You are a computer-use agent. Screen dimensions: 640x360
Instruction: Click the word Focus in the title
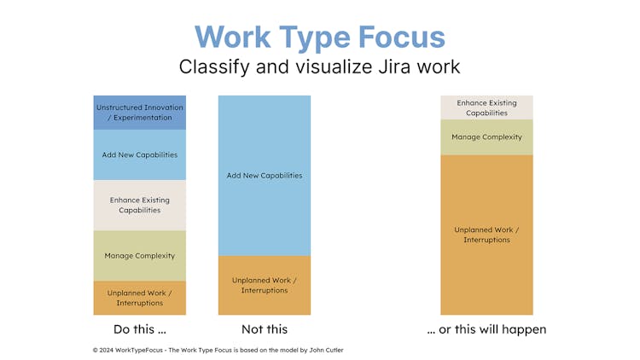pos(402,38)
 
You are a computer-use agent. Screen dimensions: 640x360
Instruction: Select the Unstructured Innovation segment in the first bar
pos(140,113)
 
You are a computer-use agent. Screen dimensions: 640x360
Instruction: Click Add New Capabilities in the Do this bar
pos(140,155)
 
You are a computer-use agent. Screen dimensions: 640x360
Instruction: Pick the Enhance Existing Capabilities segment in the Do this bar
pos(140,206)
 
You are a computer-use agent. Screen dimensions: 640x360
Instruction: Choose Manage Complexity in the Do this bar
pos(140,256)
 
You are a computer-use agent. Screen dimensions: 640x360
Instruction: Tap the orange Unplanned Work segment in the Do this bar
pos(140,298)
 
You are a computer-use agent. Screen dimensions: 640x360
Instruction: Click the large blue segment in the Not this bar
pos(265,176)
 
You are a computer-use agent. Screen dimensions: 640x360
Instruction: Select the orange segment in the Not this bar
pos(265,285)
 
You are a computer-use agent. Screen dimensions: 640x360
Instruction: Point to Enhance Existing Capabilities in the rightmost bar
pos(486,107)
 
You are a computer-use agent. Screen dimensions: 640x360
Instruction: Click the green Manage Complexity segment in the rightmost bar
pos(486,137)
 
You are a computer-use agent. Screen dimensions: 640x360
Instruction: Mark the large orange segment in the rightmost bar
pos(486,235)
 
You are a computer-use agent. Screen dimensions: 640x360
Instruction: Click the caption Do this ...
pos(140,329)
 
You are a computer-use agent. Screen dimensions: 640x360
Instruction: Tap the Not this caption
pos(265,329)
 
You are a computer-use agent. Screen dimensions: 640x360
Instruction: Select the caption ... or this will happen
pos(486,329)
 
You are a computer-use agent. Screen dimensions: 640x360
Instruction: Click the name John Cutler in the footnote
pos(326,351)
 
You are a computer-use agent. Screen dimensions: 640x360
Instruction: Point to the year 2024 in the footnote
pos(107,351)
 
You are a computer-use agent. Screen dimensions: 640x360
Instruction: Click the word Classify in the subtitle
pos(214,67)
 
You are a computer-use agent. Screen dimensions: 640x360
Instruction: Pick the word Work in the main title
pos(233,38)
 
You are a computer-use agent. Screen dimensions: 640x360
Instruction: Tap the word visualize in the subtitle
pos(335,67)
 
